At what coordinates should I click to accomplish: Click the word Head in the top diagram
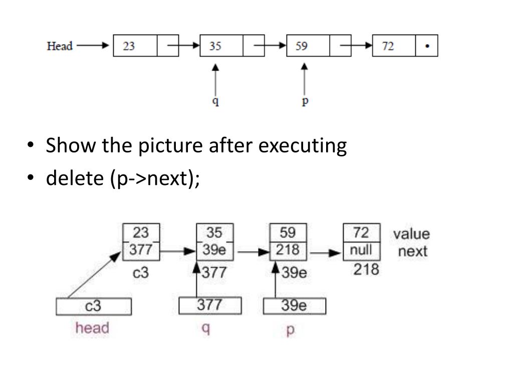click(60, 46)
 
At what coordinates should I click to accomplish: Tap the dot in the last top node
click(426, 46)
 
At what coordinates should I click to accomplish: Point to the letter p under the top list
click(305, 101)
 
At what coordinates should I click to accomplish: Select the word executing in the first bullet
click(303, 146)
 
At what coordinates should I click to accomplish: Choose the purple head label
click(92, 328)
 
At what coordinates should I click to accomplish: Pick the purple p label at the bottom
click(291, 330)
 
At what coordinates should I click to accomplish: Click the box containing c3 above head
click(94, 306)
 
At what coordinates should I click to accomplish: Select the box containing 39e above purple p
click(295, 306)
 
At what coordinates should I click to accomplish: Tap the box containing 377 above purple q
click(210, 305)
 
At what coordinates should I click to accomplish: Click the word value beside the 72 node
click(411, 234)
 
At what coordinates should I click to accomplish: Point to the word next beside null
click(413, 251)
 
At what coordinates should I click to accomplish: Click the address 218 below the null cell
click(366, 270)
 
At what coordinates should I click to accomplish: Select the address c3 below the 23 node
click(141, 274)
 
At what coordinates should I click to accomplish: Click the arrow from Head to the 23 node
click(93, 46)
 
